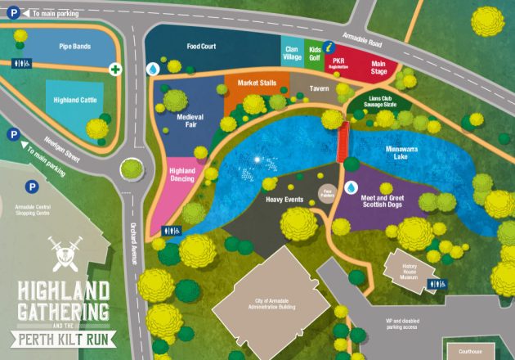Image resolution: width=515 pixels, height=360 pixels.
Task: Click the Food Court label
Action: pos(201,47)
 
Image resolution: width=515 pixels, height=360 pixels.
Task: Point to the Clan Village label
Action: pos(292,53)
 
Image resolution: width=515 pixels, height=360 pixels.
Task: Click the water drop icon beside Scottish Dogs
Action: pos(352,188)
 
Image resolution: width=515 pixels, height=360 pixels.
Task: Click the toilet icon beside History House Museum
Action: pos(440,284)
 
